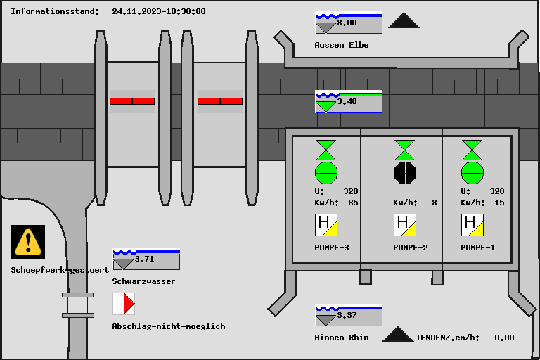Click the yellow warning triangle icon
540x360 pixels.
(x=28, y=241)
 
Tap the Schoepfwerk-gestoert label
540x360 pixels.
(x=60, y=270)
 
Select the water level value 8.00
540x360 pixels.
(x=347, y=22)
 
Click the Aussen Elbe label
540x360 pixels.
(x=342, y=45)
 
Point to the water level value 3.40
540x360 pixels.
(x=347, y=101)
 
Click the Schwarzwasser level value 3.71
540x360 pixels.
(x=144, y=259)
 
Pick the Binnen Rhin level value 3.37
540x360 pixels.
(x=347, y=315)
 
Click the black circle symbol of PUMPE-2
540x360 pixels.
(x=404, y=172)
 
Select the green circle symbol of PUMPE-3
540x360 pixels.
(x=326, y=172)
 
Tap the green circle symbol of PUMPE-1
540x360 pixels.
(x=472, y=172)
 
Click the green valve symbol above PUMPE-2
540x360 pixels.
(x=404, y=150)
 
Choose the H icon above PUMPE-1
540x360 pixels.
(x=472, y=225)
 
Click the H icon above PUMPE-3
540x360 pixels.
(x=326, y=225)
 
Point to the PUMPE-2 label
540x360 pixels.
(x=411, y=247)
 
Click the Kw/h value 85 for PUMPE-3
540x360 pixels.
(x=353, y=202)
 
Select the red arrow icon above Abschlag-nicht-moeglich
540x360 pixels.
(x=124, y=304)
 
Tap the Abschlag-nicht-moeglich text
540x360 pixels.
(x=169, y=326)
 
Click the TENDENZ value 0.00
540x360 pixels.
(x=504, y=337)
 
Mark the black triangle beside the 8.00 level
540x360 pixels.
(x=404, y=21)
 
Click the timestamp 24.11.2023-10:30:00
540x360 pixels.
(x=159, y=11)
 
